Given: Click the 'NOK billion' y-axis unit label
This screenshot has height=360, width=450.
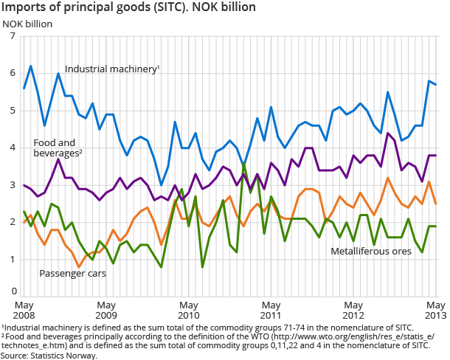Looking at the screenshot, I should click(27, 23).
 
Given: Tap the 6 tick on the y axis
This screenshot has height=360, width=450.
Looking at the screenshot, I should click(13, 73).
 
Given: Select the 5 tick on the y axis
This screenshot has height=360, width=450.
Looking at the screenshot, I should click(13, 111).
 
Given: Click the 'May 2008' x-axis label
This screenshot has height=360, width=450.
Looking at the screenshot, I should click(24, 309).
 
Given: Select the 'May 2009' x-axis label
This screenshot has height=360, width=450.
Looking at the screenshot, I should click(107, 309).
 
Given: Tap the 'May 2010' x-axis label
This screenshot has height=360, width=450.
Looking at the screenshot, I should click(190, 309).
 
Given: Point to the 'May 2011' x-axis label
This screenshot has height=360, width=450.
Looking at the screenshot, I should click(272, 309).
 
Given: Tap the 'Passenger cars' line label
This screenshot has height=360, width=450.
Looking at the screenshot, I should click(72, 274).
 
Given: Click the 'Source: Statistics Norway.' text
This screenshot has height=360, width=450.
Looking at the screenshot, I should click(49, 355).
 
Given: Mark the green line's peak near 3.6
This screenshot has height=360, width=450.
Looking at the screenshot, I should click(244, 164).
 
